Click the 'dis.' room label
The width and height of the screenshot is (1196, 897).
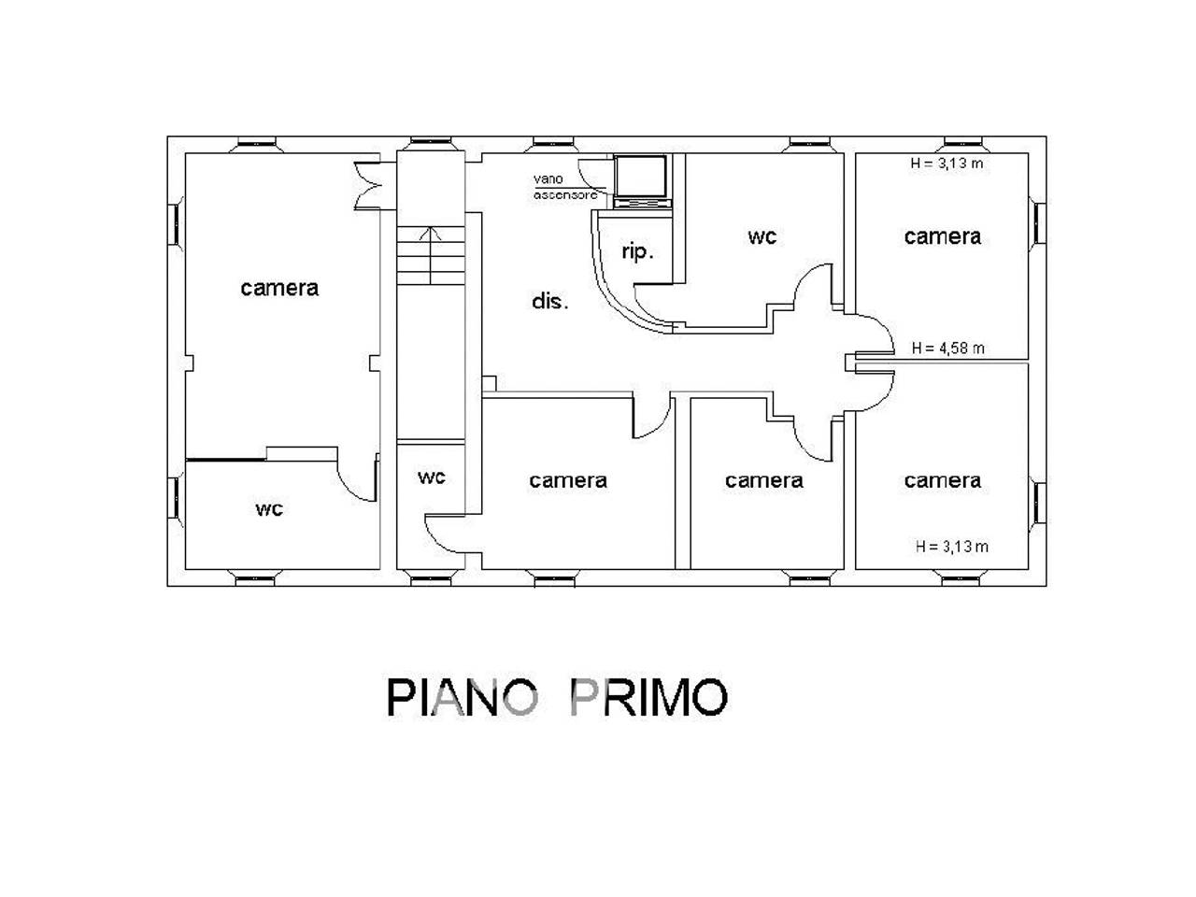(x=549, y=302)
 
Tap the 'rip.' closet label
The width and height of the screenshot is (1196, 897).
(x=637, y=251)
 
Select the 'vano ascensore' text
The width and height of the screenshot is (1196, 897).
(x=564, y=187)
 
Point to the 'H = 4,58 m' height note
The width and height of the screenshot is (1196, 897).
(x=948, y=349)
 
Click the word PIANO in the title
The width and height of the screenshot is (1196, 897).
(x=462, y=697)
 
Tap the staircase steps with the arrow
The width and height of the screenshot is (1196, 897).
(x=429, y=256)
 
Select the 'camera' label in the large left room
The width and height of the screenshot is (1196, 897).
(x=279, y=288)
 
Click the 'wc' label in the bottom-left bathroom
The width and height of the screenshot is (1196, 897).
(x=269, y=509)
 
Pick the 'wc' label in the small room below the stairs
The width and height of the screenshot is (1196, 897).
(x=431, y=477)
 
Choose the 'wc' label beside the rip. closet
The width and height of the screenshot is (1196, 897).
(x=762, y=237)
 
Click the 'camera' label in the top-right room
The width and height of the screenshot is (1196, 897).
(x=942, y=236)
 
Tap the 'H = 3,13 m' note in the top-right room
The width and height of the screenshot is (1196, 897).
(x=947, y=164)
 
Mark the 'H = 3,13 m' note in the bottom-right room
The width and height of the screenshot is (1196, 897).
(x=952, y=547)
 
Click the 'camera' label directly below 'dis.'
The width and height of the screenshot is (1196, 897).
(x=568, y=480)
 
